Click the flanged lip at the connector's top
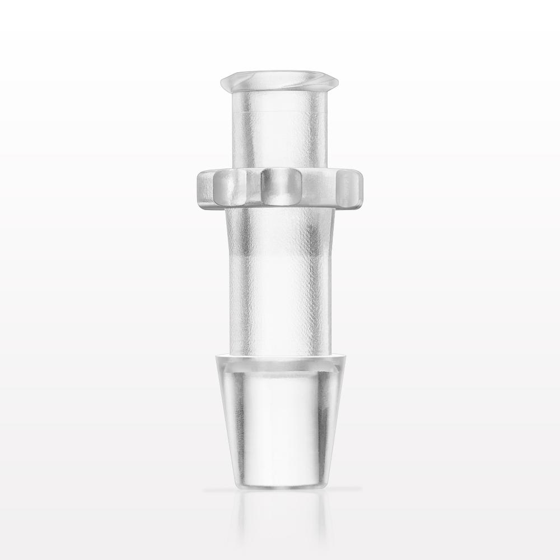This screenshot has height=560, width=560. (x=279, y=81)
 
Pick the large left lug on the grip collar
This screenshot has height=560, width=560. (x=230, y=188)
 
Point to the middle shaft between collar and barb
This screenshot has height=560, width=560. (x=279, y=280)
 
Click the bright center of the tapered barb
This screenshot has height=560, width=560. (x=279, y=426)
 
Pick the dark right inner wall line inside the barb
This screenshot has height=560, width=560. (x=320, y=426)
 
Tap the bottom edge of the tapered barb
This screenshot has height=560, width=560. (x=279, y=486)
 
